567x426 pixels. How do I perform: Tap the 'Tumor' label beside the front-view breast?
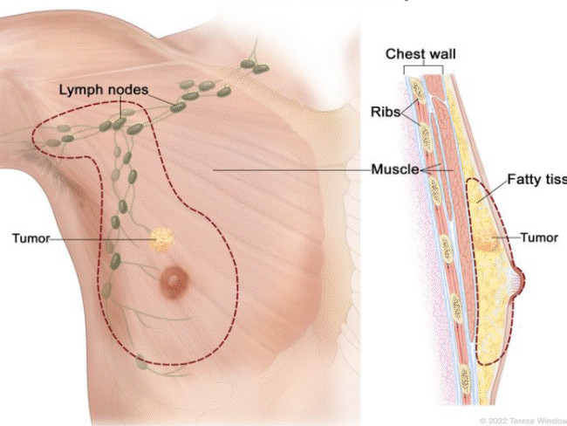[x=31, y=237]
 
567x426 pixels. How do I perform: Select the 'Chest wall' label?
[x=421, y=55]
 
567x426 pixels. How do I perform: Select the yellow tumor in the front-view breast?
[x=162, y=237]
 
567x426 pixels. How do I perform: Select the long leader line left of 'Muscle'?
[x=288, y=168]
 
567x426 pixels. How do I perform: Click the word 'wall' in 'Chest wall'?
[x=441, y=55]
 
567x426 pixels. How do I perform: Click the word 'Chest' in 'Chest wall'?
[x=405, y=55]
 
